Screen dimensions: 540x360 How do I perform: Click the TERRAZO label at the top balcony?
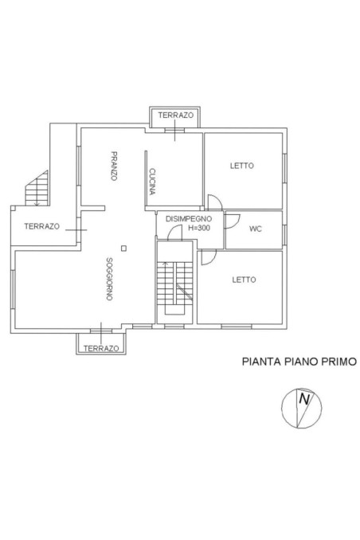(x=175, y=115)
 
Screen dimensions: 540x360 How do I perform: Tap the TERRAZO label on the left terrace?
(x=41, y=226)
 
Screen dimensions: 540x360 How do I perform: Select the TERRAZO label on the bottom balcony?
(x=101, y=349)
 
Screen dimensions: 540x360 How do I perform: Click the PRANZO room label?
(x=115, y=166)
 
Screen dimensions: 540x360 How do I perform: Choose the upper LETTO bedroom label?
(x=242, y=166)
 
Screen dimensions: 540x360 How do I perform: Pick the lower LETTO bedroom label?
(x=243, y=280)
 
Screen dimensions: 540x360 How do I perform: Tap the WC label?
(x=256, y=229)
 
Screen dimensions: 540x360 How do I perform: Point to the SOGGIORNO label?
(x=108, y=279)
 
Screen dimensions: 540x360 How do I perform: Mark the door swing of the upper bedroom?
(x=213, y=202)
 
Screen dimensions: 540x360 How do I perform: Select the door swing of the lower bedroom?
(x=207, y=256)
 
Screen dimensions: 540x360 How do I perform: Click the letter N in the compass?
(x=303, y=401)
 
